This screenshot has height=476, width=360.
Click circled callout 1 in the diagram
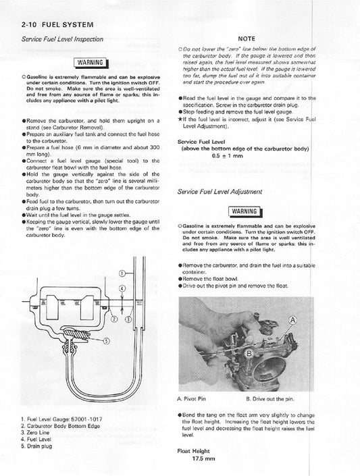coord(122,274)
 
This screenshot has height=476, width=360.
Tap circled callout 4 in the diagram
coord(122,289)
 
